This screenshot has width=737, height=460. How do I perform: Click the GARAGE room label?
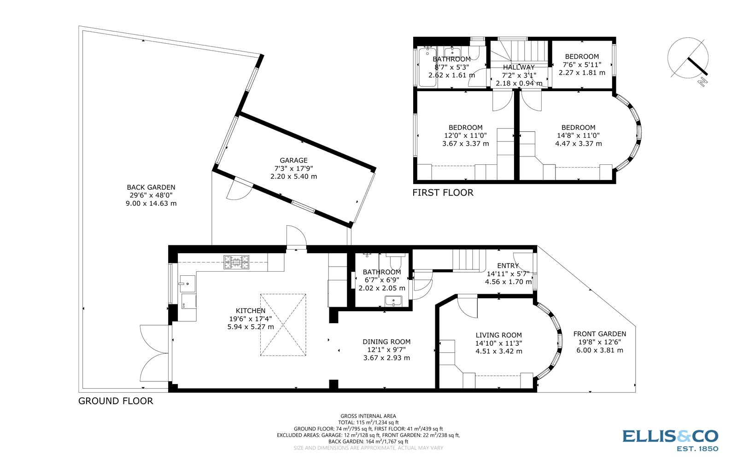(x=293, y=161)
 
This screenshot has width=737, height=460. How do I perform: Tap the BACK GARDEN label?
(x=151, y=187)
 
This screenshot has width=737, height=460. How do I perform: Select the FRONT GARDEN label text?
(x=600, y=334)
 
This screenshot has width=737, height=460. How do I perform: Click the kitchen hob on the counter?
(x=236, y=262)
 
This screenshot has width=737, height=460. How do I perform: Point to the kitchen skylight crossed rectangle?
(x=283, y=325)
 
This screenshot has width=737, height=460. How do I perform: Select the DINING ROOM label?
(x=386, y=342)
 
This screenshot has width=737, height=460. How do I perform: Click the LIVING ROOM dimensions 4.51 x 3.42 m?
(x=499, y=351)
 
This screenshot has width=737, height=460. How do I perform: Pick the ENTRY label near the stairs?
(x=508, y=266)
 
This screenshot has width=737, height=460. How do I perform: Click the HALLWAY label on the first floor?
(x=519, y=67)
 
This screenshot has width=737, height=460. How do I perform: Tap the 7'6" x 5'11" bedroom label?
(x=582, y=64)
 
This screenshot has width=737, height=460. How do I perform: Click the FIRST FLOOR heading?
(x=443, y=192)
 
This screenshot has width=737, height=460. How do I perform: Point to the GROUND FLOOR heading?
(x=116, y=401)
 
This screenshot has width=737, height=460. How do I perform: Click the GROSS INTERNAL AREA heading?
(x=368, y=416)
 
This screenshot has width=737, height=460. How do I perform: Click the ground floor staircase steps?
(x=467, y=260)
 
